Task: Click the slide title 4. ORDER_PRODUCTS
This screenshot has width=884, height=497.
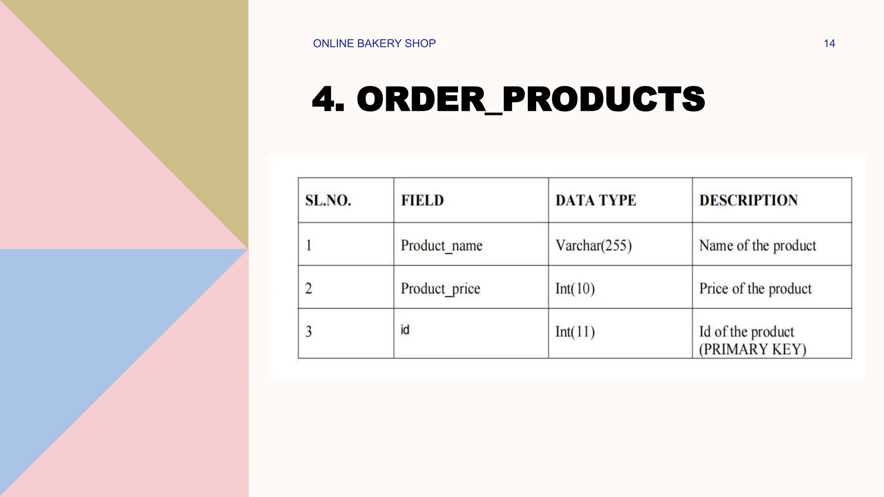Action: (508, 99)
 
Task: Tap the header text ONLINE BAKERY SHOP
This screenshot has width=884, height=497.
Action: (374, 44)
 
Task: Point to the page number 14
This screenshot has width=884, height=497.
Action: (829, 44)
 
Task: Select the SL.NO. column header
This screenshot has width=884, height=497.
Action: (328, 201)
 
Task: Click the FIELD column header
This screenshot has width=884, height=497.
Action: (422, 201)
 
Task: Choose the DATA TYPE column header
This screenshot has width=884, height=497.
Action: (596, 201)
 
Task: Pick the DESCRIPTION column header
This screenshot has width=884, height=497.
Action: (748, 201)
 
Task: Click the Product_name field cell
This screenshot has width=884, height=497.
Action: (441, 245)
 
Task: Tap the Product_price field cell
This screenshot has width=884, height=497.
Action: (440, 289)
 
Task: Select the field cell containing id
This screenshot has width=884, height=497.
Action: (405, 330)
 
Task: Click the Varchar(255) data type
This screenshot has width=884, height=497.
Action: (594, 245)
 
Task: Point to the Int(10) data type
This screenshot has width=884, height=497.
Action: (575, 289)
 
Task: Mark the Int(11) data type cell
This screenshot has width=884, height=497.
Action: (575, 332)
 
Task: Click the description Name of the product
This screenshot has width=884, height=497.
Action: (758, 245)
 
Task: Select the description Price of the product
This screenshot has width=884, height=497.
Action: (755, 289)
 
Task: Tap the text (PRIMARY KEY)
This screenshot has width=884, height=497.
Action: (752, 349)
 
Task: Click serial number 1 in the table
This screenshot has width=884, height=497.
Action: (309, 245)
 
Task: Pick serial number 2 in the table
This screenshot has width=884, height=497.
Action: (309, 289)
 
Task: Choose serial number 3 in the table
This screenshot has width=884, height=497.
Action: (309, 332)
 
